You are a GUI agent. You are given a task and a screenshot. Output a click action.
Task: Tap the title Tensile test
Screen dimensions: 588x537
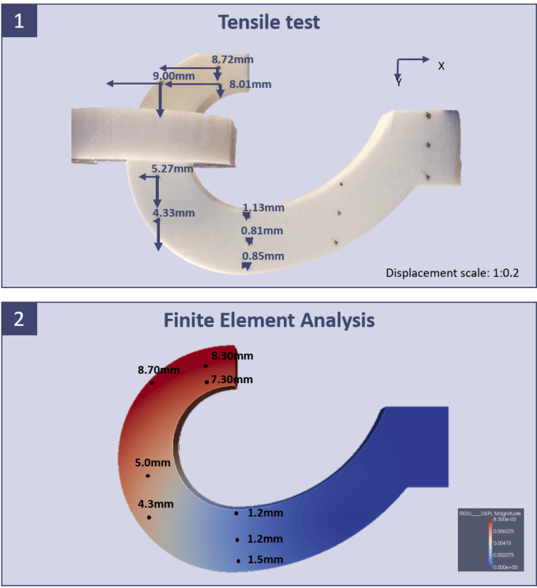coord(268,22)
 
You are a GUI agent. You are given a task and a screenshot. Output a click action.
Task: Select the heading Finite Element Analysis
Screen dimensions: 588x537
coord(268,320)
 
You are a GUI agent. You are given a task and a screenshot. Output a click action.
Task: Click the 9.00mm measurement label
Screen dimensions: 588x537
coord(173,76)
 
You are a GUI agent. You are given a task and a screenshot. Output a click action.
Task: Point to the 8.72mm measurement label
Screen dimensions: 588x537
coord(232,59)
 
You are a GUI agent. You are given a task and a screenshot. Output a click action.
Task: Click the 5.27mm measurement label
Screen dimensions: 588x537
coord(172,168)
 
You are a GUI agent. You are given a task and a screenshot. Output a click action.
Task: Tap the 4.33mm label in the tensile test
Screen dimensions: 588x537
coord(173,213)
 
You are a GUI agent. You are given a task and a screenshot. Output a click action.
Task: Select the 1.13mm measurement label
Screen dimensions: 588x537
coord(263,207)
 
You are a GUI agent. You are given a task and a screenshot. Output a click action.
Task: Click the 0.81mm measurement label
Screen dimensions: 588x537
coord(262,231)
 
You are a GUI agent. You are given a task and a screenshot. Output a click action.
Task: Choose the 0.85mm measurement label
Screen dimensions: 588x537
coord(263,256)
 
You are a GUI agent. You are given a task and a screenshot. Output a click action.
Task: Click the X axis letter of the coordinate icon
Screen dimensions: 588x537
coord(441,66)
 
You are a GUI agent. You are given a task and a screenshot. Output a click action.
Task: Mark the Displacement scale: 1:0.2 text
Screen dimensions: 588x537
coord(452,273)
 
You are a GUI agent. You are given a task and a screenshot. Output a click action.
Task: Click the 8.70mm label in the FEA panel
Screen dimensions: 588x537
coord(159,369)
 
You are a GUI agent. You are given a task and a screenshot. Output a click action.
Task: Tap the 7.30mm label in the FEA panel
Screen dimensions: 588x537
coord(232,380)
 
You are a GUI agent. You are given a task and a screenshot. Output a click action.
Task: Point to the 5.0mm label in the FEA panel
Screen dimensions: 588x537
coord(152,462)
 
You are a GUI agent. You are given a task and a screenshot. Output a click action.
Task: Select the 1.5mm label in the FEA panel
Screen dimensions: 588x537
coord(265,559)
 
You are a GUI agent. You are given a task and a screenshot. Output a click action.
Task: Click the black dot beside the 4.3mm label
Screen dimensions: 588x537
coord(149,517)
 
